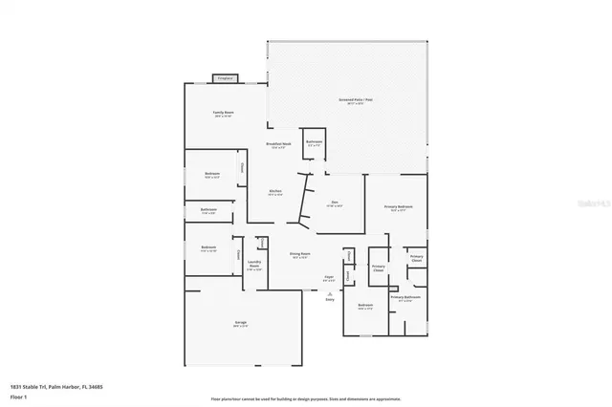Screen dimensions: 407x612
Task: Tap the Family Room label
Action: pyautogui.click(x=224, y=114)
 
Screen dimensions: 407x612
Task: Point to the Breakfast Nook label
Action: pyautogui.click(x=280, y=145)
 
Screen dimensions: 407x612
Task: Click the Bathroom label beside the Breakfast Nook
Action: pyautogui.click(x=314, y=142)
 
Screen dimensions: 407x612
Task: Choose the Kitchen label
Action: pyautogui.click(x=275, y=192)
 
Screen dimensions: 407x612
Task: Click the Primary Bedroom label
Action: pyautogui.click(x=398, y=207)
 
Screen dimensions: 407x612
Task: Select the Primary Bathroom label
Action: pyautogui.click(x=404, y=298)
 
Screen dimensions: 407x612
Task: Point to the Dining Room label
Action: pyautogui.click(x=298, y=255)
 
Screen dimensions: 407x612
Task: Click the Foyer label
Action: pyautogui.click(x=328, y=278)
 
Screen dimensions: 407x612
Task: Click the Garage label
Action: pyautogui.click(x=241, y=323)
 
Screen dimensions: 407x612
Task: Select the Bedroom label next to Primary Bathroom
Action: pyautogui.click(x=364, y=306)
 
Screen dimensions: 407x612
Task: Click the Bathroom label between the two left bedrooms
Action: pyautogui.click(x=209, y=210)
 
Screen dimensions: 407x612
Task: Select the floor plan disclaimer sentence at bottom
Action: pyautogui.click(x=305, y=397)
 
